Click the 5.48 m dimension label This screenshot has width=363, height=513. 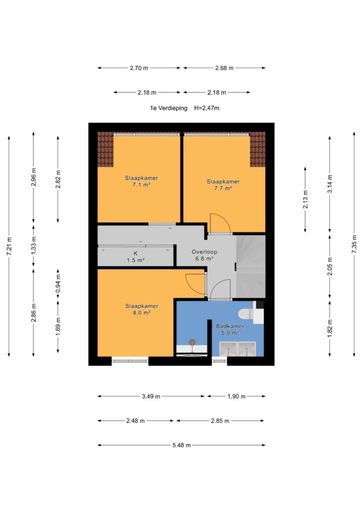pos(181,445)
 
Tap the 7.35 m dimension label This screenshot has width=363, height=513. pos(354,244)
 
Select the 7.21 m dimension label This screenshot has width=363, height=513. pos(9,246)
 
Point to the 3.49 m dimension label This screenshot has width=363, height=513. pos(151,397)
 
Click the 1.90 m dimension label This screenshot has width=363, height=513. pos(236,397)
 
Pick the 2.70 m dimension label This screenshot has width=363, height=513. pos(139,68)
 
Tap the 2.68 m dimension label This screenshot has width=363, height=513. pos(224,68)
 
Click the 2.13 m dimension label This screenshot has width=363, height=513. pos(305,199)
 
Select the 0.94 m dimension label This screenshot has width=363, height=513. pos(58,284)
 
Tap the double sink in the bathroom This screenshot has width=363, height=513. pos(238,349)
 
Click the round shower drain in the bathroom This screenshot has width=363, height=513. pos(192,342)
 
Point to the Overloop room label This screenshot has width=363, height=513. pos(204,252)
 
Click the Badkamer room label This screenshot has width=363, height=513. pos(230,326)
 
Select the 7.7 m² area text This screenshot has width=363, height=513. pos(223,188)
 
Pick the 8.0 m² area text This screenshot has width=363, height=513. pos(141,313)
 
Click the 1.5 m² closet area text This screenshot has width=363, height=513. pos(135,261)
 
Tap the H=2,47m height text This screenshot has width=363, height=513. pos(207,108)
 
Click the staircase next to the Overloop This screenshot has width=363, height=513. pos(250,267)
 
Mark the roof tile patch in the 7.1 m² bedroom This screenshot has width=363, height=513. pos(105,149)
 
